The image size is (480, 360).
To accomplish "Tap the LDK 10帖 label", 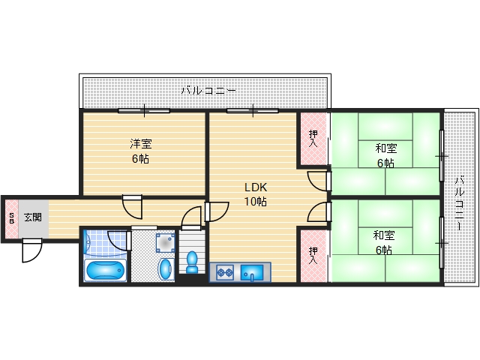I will click(x=255, y=194).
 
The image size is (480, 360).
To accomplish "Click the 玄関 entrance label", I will click(x=32, y=217).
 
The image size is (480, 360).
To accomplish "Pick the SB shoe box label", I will click(x=11, y=218).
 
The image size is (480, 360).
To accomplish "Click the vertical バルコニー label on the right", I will click(x=460, y=197).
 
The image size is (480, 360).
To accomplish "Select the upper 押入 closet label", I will click(x=313, y=139).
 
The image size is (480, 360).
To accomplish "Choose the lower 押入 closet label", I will click(x=313, y=255).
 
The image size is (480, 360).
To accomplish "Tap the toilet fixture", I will click(x=192, y=262).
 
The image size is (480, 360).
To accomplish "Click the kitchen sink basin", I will click(x=255, y=272).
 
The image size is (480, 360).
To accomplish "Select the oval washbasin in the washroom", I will click(x=164, y=268).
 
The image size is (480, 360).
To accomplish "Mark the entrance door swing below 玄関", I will click(x=32, y=250).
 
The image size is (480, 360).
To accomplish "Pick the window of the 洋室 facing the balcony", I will click(x=143, y=111).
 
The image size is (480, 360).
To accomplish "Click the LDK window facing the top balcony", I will click(x=253, y=111).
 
